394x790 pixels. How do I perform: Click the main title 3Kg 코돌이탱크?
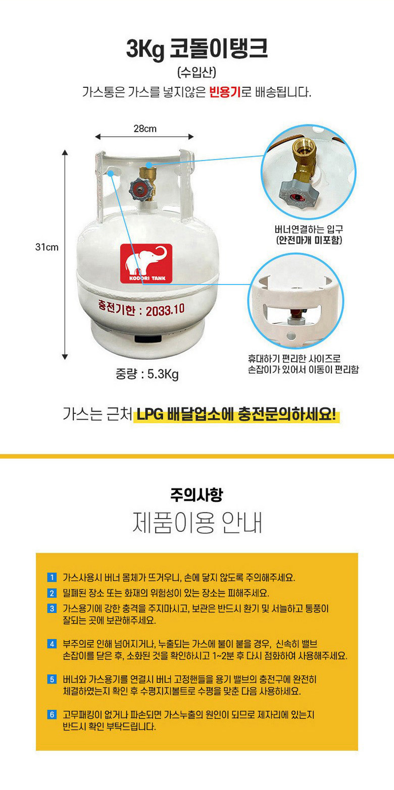click(x=196, y=49)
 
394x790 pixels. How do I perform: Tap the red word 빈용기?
click(x=225, y=92)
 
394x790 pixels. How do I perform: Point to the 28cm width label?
click(x=145, y=129)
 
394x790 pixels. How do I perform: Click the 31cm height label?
click(x=46, y=247)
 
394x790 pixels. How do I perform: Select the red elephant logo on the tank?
click(x=146, y=263)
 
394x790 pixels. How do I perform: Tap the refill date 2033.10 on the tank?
click(x=165, y=310)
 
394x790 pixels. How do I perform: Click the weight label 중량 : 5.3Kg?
click(x=147, y=374)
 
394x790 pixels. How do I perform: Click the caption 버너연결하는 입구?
click(x=309, y=229)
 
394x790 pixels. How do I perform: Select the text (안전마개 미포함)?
click(x=309, y=240)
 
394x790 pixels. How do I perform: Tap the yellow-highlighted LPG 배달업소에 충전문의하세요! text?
click(x=236, y=414)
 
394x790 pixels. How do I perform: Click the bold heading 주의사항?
click(x=196, y=494)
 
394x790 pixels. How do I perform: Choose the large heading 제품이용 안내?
click(x=197, y=522)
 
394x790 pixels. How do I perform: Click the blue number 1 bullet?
click(x=52, y=578)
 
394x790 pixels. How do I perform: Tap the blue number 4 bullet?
click(x=52, y=644)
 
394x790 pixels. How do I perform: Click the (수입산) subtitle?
click(x=196, y=72)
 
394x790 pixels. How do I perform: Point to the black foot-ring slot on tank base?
click(x=148, y=339)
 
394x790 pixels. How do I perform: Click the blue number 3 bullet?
click(x=52, y=608)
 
